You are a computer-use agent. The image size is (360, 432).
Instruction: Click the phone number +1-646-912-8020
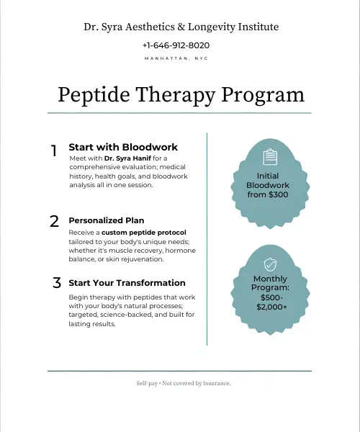(180, 45)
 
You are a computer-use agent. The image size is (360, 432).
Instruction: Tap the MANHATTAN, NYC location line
(180, 58)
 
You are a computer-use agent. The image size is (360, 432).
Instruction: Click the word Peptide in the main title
(96, 95)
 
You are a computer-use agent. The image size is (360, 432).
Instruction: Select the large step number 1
(54, 151)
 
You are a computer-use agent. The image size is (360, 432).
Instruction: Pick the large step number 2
(54, 222)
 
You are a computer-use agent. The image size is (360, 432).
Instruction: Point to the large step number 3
(56, 283)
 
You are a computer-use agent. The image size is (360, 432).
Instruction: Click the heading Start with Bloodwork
(123, 147)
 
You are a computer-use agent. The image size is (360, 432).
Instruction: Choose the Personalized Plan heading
(106, 220)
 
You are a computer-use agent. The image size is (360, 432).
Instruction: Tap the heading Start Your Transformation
(127, 283)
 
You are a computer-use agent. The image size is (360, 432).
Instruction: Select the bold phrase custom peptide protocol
(143, 233)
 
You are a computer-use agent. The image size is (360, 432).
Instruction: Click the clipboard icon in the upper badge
(270, 156)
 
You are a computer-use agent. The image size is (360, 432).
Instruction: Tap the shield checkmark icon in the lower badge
(270, 264)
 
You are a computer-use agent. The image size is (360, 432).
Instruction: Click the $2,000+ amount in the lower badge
(270, 307)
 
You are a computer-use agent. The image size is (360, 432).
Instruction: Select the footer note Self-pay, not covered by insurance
(184, 383)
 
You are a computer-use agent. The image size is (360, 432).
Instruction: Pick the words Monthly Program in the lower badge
(270, 283)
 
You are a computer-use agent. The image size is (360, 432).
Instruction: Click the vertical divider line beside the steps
(207, 238)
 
